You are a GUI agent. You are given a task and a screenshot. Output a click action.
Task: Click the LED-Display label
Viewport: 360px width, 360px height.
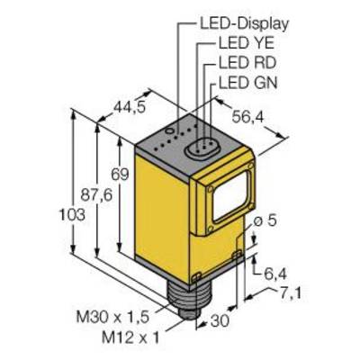pyautogui.click(x=244, y=24)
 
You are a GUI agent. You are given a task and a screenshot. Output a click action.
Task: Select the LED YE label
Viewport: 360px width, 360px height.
pyautogui.click(x=247, y=43)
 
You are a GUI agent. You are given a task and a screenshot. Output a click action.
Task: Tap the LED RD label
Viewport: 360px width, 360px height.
pyautogui.click(x=247, y=63)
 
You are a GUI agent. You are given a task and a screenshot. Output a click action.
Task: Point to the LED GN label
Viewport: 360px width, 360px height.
pyautogui.click(x=247, y=83)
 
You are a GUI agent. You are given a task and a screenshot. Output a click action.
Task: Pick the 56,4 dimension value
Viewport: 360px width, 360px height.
pyautogui.click(x=247, y=117)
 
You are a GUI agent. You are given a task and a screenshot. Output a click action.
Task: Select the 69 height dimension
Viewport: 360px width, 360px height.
pyautogui.click(x=120, y=175)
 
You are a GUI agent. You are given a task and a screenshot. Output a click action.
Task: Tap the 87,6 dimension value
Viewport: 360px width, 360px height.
pyautogui.click(x=96, y=195)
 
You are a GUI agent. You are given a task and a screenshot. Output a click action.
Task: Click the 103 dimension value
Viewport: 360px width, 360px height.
pyautogui.click(x=71, y=215)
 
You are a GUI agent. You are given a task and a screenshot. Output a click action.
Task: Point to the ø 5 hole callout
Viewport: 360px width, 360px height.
pyautogui.click(x=265, y=221)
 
